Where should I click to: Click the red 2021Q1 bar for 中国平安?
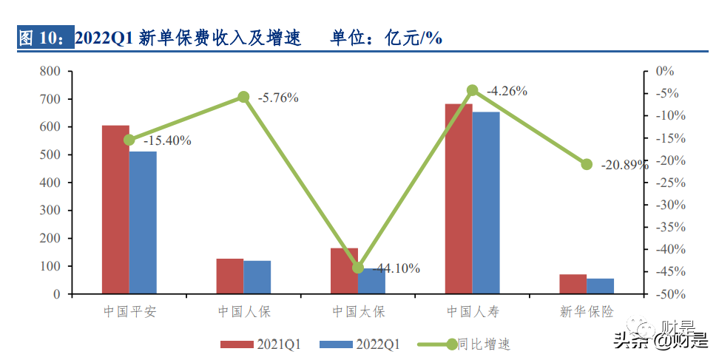(115, 210)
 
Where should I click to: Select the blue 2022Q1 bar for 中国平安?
(143, 223)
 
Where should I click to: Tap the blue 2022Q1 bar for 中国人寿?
(486, 203)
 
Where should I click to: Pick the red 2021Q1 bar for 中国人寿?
(459, 199)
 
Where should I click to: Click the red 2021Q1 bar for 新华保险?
(573, 284)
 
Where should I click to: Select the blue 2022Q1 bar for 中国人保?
(257, 277)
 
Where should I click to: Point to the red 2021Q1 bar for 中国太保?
(344, 271)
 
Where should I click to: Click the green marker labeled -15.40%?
(129, 140)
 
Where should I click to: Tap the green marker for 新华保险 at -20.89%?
(587, 164)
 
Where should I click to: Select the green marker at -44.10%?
(358, 268)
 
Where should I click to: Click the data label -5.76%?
(278, 98)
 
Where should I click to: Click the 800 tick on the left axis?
(50, 72)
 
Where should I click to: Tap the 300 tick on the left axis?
(50, 211)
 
